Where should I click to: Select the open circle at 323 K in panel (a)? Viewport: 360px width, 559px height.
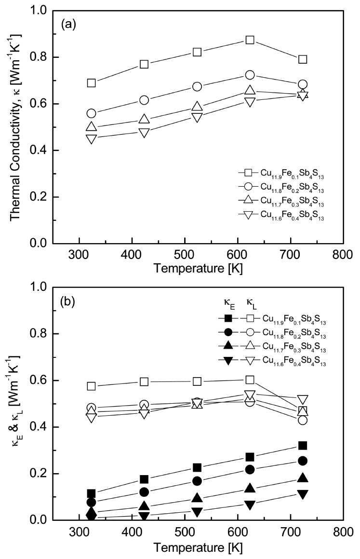coord(91,113)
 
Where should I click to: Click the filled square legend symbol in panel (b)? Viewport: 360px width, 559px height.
coord(228,318)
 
